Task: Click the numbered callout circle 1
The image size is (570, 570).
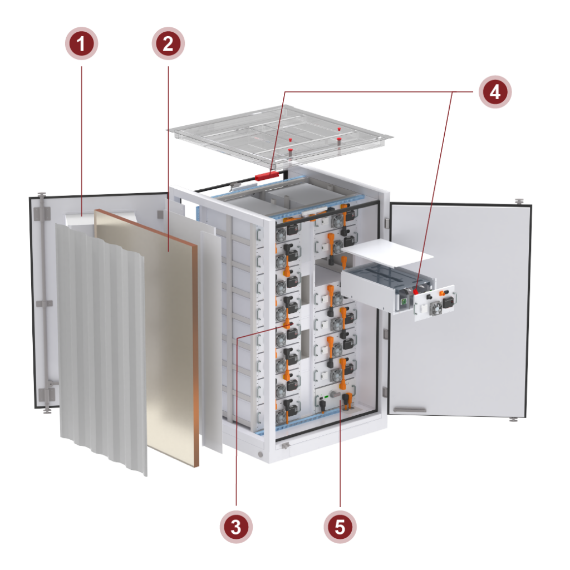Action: [81, 43]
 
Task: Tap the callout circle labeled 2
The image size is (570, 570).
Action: [168, 43]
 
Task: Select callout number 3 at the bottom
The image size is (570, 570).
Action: [236, 525]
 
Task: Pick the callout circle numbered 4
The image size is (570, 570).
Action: [494, 92]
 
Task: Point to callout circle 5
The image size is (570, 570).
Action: [340, 525]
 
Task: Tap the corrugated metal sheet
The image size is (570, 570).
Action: [100, 345]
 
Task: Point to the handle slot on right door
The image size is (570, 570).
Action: [410, 410]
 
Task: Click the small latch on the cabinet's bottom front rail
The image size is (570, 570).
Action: [285, 445]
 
